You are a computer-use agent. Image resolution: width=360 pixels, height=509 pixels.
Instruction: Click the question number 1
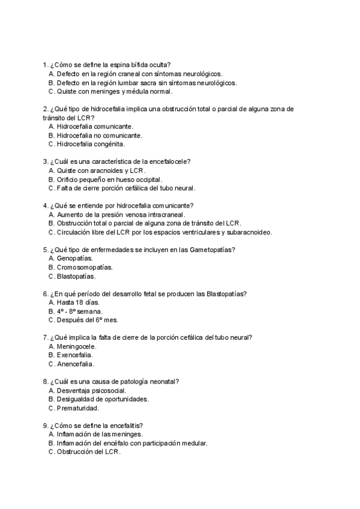pyautogui.click(x=46, y=64)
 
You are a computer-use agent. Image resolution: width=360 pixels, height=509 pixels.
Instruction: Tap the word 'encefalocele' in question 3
pyautogui.click(x=170, y=161)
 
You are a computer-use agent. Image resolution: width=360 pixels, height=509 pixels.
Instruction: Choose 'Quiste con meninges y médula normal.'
pyautogui.click(x=115, y=91)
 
